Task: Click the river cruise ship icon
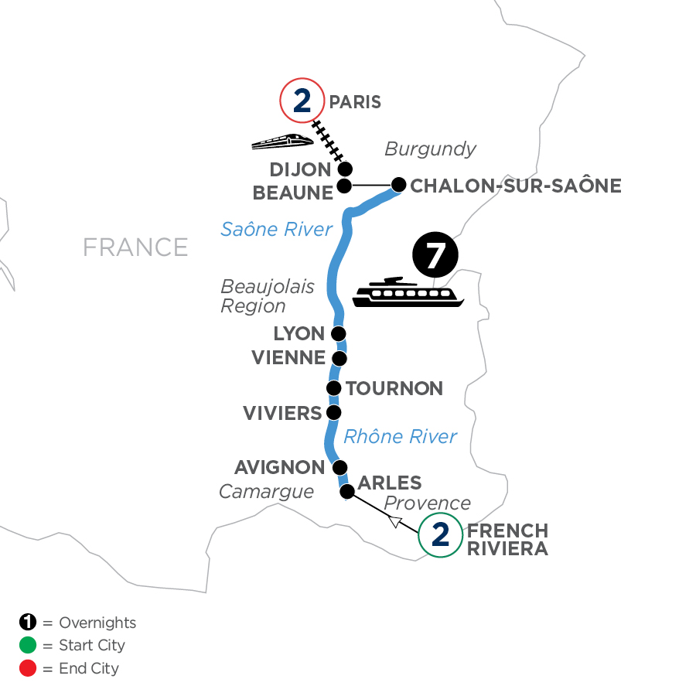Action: click(x=408, y=292)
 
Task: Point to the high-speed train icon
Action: click(x=282, y=141)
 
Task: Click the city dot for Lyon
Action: click(x=338, y=334)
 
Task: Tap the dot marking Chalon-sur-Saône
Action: click(x=398, y=185)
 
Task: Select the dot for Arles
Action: click(x=348, y=491)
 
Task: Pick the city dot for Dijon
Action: click(x=345, y=169)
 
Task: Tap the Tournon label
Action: click(x=394, y=388)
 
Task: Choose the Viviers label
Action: click(x=282, y=413)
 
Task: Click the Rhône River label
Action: click(x=401, y=437)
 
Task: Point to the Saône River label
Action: click(x=276, y=229)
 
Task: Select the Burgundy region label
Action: click(x=430, y=149)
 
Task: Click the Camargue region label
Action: click(x=266, y=492)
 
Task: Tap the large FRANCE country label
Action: click(x=135, y=247)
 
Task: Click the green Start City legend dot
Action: click(x=28, y=646)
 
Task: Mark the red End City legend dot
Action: click(x=28, y=668)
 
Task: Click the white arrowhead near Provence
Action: click(x=394, y=523)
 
